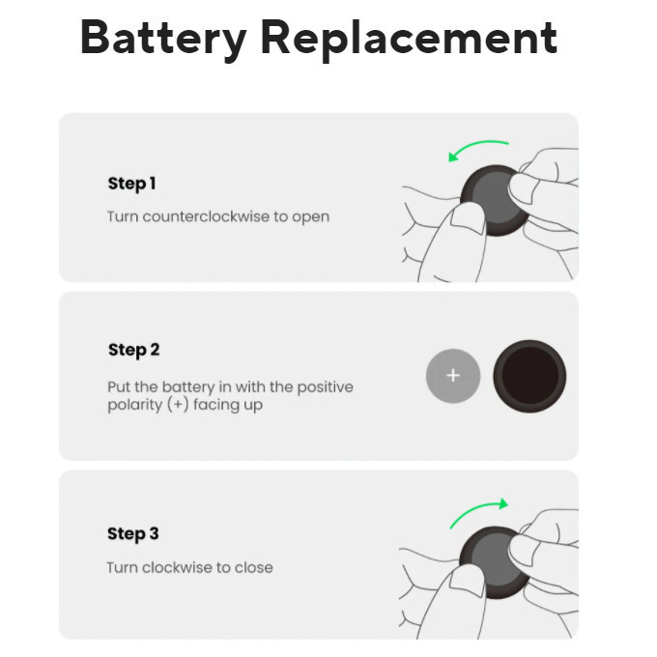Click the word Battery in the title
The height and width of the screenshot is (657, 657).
coord(162,39)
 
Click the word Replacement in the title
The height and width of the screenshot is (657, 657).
coord(409,39)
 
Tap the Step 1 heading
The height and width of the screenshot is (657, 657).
coord(131,184)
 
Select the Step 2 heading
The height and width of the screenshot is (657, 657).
coord(133,350)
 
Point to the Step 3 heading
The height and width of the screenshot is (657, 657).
coord(133,533)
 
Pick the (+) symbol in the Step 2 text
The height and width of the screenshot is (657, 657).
coord(177,405)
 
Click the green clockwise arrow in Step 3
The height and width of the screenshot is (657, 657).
coord(479,512)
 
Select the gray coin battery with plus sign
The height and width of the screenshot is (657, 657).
coord(453,376)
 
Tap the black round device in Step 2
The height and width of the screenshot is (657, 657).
coord(529,376)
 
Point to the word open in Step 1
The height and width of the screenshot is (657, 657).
coord(311,216)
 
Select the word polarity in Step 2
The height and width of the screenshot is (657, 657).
coord(134,405)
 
